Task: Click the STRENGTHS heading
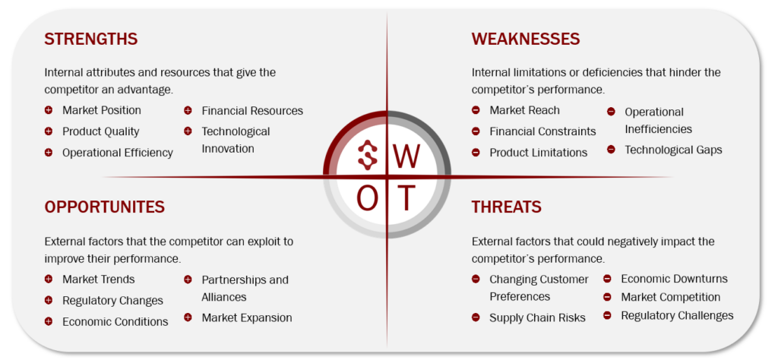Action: pyautogui.click(x=91, y=39)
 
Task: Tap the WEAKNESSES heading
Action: pyautogui.click(x=526, y=39)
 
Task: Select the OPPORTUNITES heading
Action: pyautogui.click(x=104, y=207)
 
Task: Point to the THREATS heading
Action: pyautogui.click(x=506, y=207)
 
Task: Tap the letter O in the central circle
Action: pyautogui.click(x=368, y=198)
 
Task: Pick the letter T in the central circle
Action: pyautogui.click(x=406, y=198)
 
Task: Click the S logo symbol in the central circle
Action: pyautogui.click(x=368, y=155)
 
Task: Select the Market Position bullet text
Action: pyautogui.click(x=102, y=110)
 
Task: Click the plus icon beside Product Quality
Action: pyautogui.click(x=48, y=131)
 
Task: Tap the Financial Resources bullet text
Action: pyautogui.click(x=252, y=111)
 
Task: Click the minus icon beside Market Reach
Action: pyautogui.click(x=476, y=110)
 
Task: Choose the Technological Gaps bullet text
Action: pyautogui.click(x=673, y=150)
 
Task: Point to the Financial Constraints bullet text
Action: pyautogui.click(x=542, y=131)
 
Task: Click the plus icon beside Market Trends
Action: pyautogui.click(x=48, y=279)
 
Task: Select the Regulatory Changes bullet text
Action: pyautogui.click(x=112, y=301)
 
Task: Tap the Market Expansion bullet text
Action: pyautogui.click(x=247, y=317)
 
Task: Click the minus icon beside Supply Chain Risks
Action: pyautogui.click(x=476, y=317)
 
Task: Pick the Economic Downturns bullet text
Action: pyautogui.click(x=675, y=279)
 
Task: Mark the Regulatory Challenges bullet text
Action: pyautogui.click(x=677, y=315)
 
